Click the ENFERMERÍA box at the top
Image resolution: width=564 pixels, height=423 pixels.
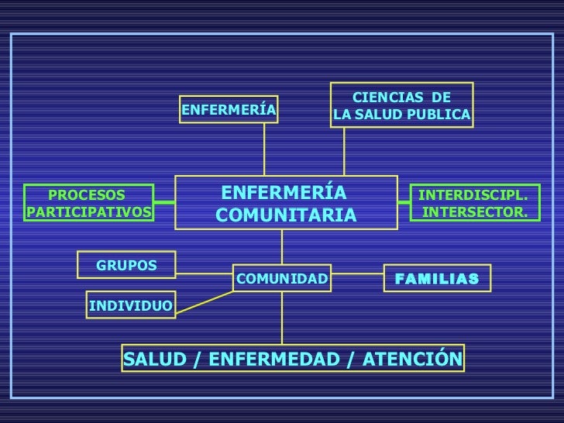tap(229, 110)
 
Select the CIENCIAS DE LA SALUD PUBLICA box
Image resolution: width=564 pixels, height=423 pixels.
tap(402, 106)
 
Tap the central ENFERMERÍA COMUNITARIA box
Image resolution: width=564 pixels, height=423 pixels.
tap(286, 203)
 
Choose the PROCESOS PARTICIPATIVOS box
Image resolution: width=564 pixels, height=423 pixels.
tap(88, 203)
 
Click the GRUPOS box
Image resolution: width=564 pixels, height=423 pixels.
tap(126, 266)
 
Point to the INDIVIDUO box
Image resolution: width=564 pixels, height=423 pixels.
tap(130, 305)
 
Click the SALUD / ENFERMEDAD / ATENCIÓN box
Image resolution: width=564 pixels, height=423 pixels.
tap(293, 358)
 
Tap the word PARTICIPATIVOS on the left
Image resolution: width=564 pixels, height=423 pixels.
tap(88, 211)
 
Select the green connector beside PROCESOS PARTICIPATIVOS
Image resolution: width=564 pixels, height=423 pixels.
tap(163, 204)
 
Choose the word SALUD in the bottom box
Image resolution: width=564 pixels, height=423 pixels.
tap(148, 358)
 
